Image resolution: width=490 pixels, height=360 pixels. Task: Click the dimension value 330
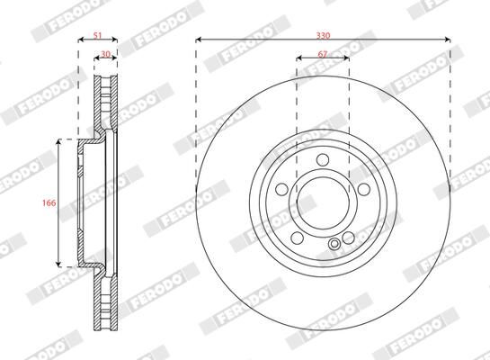point(323,35)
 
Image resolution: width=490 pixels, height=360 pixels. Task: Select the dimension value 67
point(323,54)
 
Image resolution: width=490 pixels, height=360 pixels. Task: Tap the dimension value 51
point(98,35)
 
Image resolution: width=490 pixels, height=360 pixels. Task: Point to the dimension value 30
point(106,54)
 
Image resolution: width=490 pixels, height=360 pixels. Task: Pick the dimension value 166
point(49,202)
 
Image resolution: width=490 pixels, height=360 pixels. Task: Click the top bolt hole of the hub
point(323,159)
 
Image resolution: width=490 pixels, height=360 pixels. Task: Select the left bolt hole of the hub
point(281,189)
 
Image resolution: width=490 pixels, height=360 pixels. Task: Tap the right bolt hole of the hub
point(364,189)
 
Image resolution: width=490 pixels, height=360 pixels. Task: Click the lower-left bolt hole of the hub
point(298,238)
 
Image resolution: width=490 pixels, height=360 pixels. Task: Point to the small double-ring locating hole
point(334,244)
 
